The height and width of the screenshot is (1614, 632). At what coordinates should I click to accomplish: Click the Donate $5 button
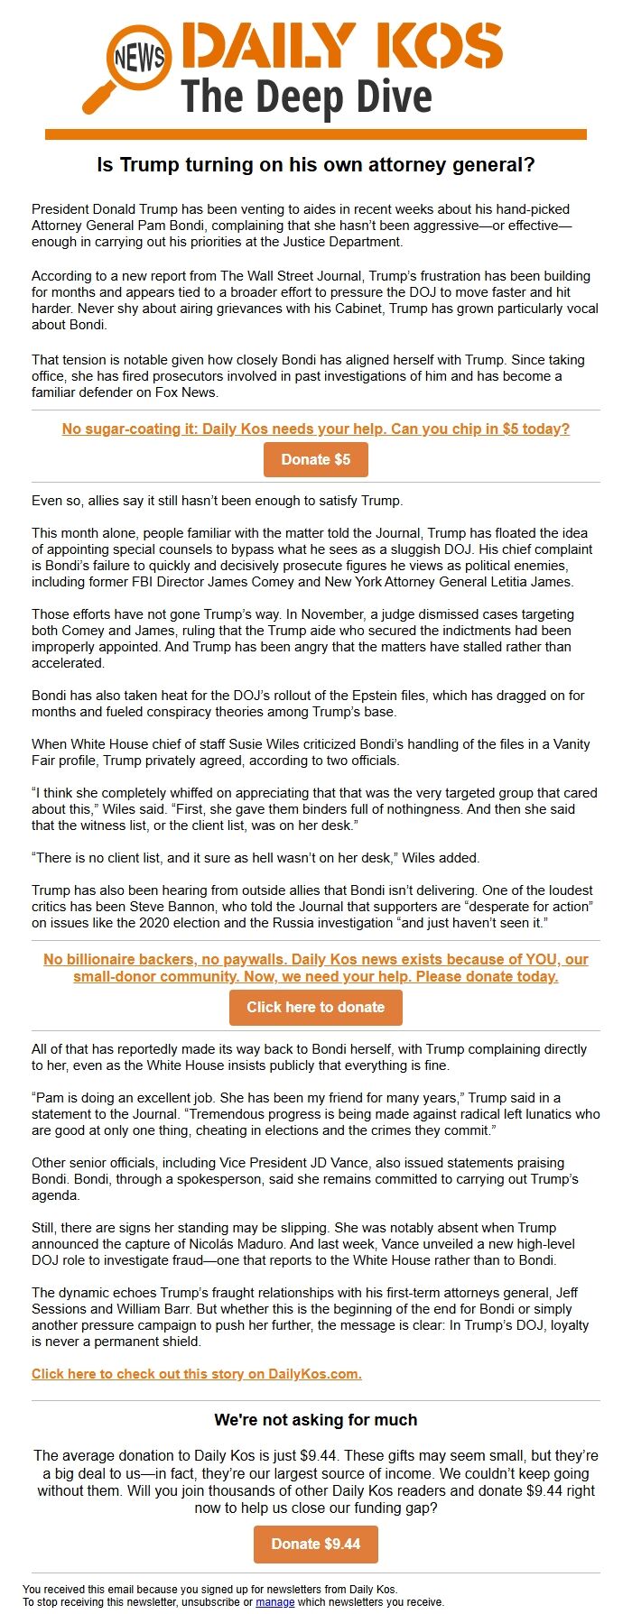315,459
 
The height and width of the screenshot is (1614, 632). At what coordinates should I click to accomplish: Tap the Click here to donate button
315,1007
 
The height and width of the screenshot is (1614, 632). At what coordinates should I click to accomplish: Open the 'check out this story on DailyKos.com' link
196,1374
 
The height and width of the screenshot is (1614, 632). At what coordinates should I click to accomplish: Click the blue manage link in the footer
274,1602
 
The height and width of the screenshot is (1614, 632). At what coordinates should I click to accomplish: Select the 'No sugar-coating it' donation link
315,429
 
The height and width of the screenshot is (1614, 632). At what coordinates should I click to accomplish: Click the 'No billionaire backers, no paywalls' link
315,967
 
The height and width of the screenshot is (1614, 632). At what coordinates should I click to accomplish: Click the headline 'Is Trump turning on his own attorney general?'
315,165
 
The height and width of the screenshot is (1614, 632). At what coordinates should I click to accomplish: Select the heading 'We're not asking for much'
315,1420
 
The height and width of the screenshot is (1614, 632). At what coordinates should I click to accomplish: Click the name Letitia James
531,582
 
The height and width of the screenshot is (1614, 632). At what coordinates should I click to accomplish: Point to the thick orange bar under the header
315,134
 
